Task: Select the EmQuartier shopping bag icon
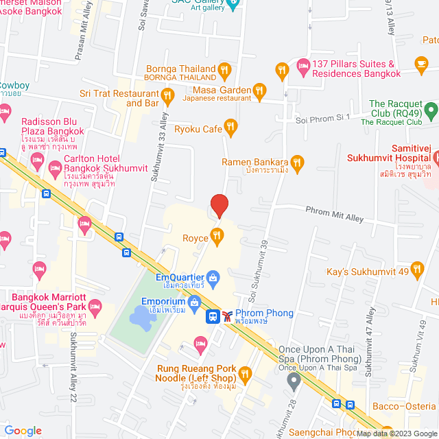213,278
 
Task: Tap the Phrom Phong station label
263,313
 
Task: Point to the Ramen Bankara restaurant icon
297,163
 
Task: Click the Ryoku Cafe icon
230,127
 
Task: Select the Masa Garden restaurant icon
259,90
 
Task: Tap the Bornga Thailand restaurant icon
224,69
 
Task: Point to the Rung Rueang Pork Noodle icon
246,375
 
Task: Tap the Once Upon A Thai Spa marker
294,380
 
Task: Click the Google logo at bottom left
23,430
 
